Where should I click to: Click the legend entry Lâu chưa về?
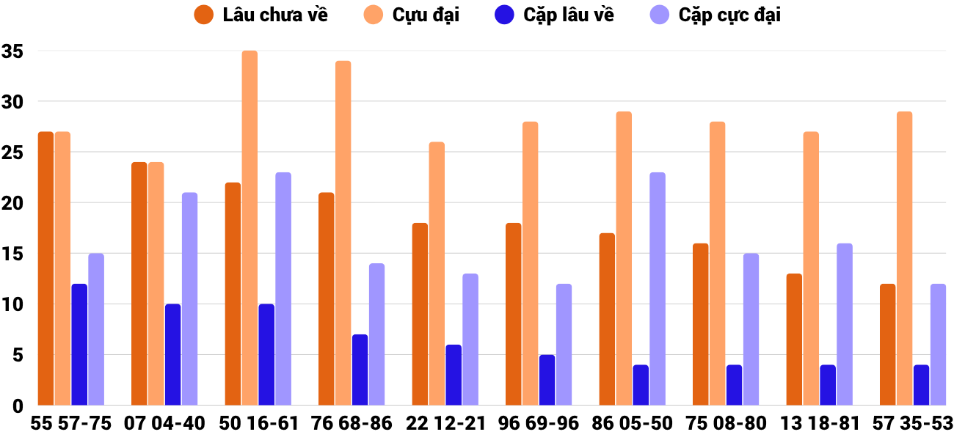261,15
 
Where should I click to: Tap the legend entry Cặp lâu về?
557,15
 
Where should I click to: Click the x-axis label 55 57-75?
71,424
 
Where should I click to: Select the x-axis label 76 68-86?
352,424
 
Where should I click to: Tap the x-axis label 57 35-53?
913,424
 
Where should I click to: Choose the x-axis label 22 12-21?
445,424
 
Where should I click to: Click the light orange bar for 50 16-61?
250,228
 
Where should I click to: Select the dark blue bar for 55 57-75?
79,345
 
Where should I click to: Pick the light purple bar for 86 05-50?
658,289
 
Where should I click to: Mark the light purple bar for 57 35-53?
938,345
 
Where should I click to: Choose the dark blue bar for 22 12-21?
454,375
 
